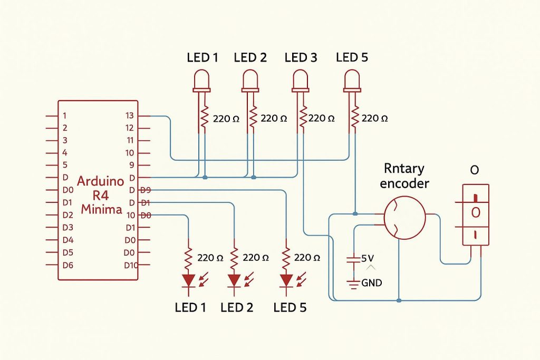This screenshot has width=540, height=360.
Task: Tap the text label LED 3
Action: click(301, 57)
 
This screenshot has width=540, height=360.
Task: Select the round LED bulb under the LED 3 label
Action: click(301, 81)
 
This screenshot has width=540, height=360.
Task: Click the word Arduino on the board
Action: click(100, 181)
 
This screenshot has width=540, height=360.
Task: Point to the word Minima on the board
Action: click(101, 209)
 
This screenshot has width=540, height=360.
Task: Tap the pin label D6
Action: click(67, 265)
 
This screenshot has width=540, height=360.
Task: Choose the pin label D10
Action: click(130, 265)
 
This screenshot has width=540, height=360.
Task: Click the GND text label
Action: click(372, 283)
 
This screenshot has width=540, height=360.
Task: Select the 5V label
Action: click(368, 258)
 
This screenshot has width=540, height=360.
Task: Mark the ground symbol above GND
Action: click(352, 283)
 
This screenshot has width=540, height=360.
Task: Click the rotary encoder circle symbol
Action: click(404, 217)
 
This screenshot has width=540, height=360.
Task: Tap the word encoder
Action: click(404, 183)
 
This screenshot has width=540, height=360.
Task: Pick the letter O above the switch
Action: click(475, 171)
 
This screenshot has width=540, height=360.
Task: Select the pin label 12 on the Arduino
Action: click(130, 128)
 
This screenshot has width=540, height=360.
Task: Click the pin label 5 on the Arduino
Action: click(65, 165)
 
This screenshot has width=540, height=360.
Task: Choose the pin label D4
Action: click(67, 240)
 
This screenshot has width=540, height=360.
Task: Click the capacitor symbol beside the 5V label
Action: click(352, 259)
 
